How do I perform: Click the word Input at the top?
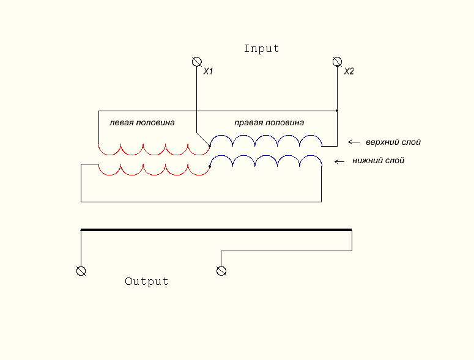[261, 49]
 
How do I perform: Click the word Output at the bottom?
[147, 282]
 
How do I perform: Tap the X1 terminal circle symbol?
[196, 62]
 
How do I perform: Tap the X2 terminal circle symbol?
[336, 62]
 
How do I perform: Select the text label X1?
[208, 72]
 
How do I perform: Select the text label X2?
[349, 72]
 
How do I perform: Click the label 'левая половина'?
[142, 122]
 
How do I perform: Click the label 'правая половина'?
[269, 122]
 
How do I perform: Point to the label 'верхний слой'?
[393, 142]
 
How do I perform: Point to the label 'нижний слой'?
[379, 161]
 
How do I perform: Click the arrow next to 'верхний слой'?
[354, 142]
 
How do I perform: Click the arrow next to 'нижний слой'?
[341, 162]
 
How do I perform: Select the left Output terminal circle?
[80, 271]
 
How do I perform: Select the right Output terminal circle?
[221, 271]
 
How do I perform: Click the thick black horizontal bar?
[216, 230]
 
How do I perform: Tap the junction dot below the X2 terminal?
[336, 111]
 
